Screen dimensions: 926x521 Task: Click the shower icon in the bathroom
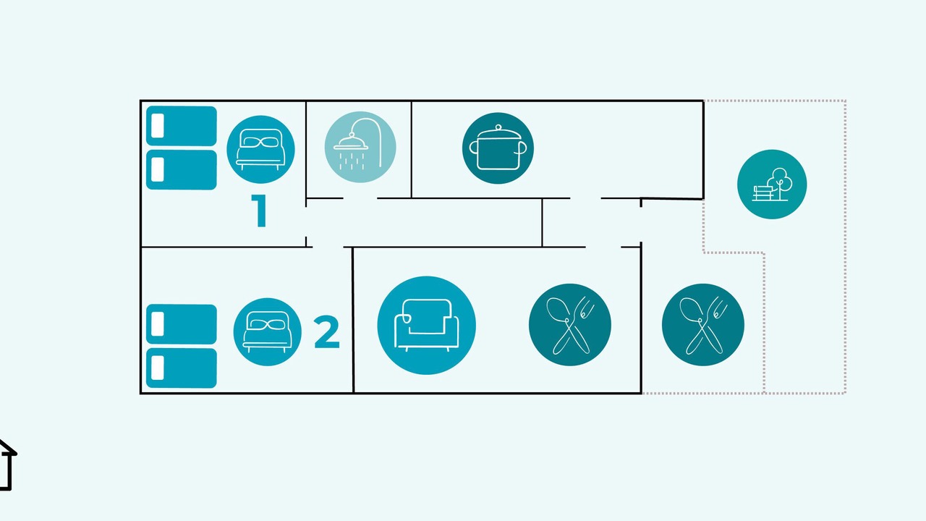point(360,147)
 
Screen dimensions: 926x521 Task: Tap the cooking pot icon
point(498,148)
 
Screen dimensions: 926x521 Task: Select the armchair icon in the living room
point(427,326)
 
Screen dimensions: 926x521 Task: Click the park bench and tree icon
point(772,184)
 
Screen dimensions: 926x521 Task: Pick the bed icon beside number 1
point(260,149)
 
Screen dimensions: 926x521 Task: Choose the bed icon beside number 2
point(267,332)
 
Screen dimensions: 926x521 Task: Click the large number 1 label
point(259,211)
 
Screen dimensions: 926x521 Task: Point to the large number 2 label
point(326,332)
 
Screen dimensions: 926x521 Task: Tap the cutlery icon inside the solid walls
point(570,325)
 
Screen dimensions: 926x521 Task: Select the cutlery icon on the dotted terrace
point(703,325)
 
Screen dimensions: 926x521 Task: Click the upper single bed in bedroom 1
point(182,126)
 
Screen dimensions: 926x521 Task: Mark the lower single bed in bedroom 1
point(182,170)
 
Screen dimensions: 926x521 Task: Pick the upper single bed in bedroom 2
point(182,324)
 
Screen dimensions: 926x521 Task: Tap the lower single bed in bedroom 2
point(182,368)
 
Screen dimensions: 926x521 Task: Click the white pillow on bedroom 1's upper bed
point(158,125)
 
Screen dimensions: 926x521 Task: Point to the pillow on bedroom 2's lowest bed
point(158,368)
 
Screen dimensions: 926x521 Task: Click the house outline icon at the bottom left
point(6,465)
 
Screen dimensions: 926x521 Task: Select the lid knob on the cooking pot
point(498,128)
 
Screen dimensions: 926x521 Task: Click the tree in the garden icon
point(780,182)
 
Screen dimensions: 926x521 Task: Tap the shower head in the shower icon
point(351,142)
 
